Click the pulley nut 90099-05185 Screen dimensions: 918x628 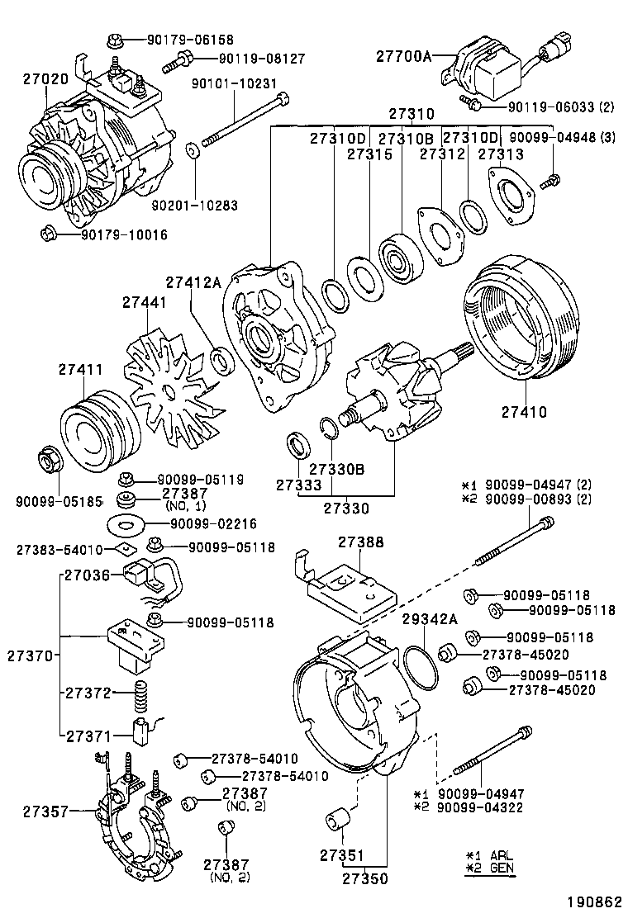(49, 458)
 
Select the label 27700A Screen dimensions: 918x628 (404, 55)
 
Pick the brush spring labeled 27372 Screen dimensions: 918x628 (142, 701)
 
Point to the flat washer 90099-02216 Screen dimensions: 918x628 (127, 523)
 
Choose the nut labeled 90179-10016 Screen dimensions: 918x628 (49, 234)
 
